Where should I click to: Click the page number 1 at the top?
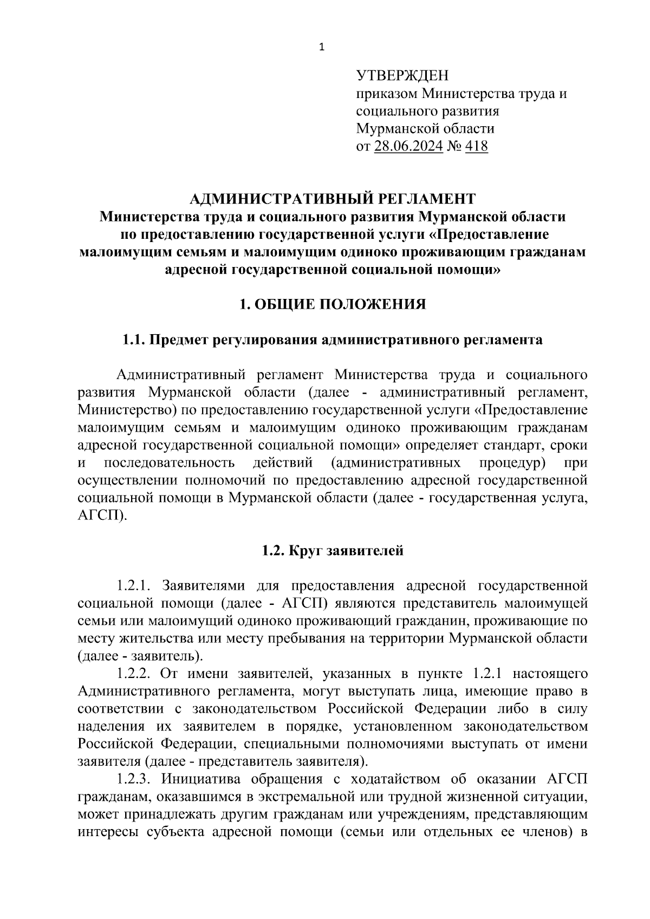pyautogui.click(x=322, y=48)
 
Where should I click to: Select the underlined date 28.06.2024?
pyautogui.click(x=408, y=146)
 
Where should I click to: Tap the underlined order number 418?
pyautogui.click(x=476, y=146)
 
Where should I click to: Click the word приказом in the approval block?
pyautogui.click(x=387, y=94)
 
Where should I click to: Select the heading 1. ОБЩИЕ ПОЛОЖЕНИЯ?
pyautogui.click(x=333, y=305)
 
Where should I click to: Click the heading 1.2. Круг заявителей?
pyautogui.click(x=333, y=551)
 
